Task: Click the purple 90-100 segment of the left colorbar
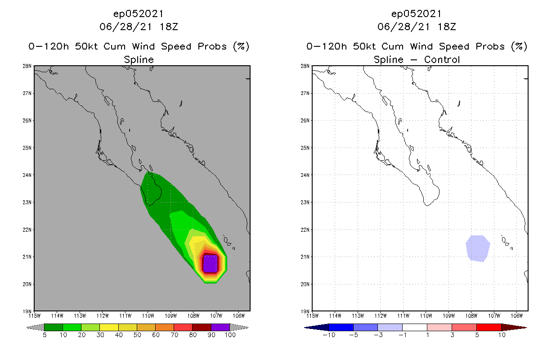pyautogui.click(x=220, y=327)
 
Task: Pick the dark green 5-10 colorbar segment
pyautogui.click(x=54, y=327)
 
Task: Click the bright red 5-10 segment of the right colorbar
pyautogui.click(x=489, y=327)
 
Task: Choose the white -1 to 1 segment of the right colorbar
pyautogui.click(x=415, y=327)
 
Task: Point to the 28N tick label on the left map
pyautogui.click(x=27, y=66)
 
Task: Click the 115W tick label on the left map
pyautogui.click(x=34, y=315)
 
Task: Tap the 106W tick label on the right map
pyautogui.click(x=517, y=315)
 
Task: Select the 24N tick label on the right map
pyautogui.click(x=305, y=175)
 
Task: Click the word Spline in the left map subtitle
pyautogui.click(x=139, y=59)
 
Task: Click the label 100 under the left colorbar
pyautogui.click(x=230, y=335)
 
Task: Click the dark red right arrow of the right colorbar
pyautogui.click(x=514, y=327)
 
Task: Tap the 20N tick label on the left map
pyautogui.click(x=27, y=284)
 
